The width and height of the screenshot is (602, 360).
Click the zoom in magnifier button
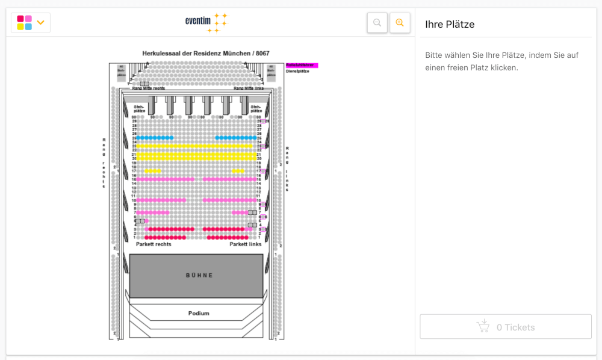pyautogui.click(x=400, y=23)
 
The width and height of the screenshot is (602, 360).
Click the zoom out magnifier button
pyautogui.click(x=377, y=23)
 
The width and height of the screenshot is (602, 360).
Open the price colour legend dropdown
pyautogui.click(x=31, y=23)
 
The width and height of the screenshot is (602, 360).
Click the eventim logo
pyautogui.click(x=206, y=22)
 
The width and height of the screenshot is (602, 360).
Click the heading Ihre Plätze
pyautogui.click(x=450, y=25)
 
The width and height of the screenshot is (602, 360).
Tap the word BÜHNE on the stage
pyautogui.click(x=199, y=275)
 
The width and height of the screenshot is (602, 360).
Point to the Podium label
pyautogui.click(x=199, y=313)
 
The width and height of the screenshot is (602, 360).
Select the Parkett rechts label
pyautogui.click(x=154, y=244)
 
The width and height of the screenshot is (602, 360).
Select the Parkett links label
pyautogui.click(x=246, y=244)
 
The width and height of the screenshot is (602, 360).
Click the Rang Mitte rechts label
pyautogui.click(x=149, y=88)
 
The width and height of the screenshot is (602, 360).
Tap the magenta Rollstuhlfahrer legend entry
pyautogui.click(x=301, y=65)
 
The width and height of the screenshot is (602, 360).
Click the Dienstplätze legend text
pyautogui.click(x=297, y=71)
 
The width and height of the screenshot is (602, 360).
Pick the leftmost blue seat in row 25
pyautogui.click(x=138, y=138)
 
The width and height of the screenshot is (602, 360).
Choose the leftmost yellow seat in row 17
pyautogui.click(x=146, y=171)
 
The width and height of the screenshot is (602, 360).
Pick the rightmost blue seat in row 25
pyautogui.click(x=255, y=138)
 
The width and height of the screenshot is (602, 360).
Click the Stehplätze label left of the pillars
pyautogui.click(x=139, y=109)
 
